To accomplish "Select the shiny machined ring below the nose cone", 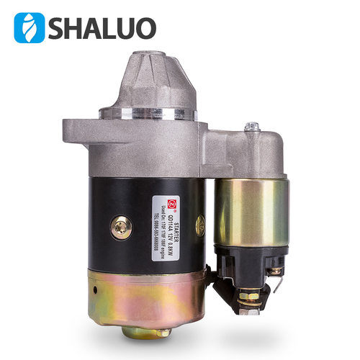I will point(148,114).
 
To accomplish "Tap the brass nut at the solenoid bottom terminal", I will point(249,295).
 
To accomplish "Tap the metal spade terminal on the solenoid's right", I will point(277,271).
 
